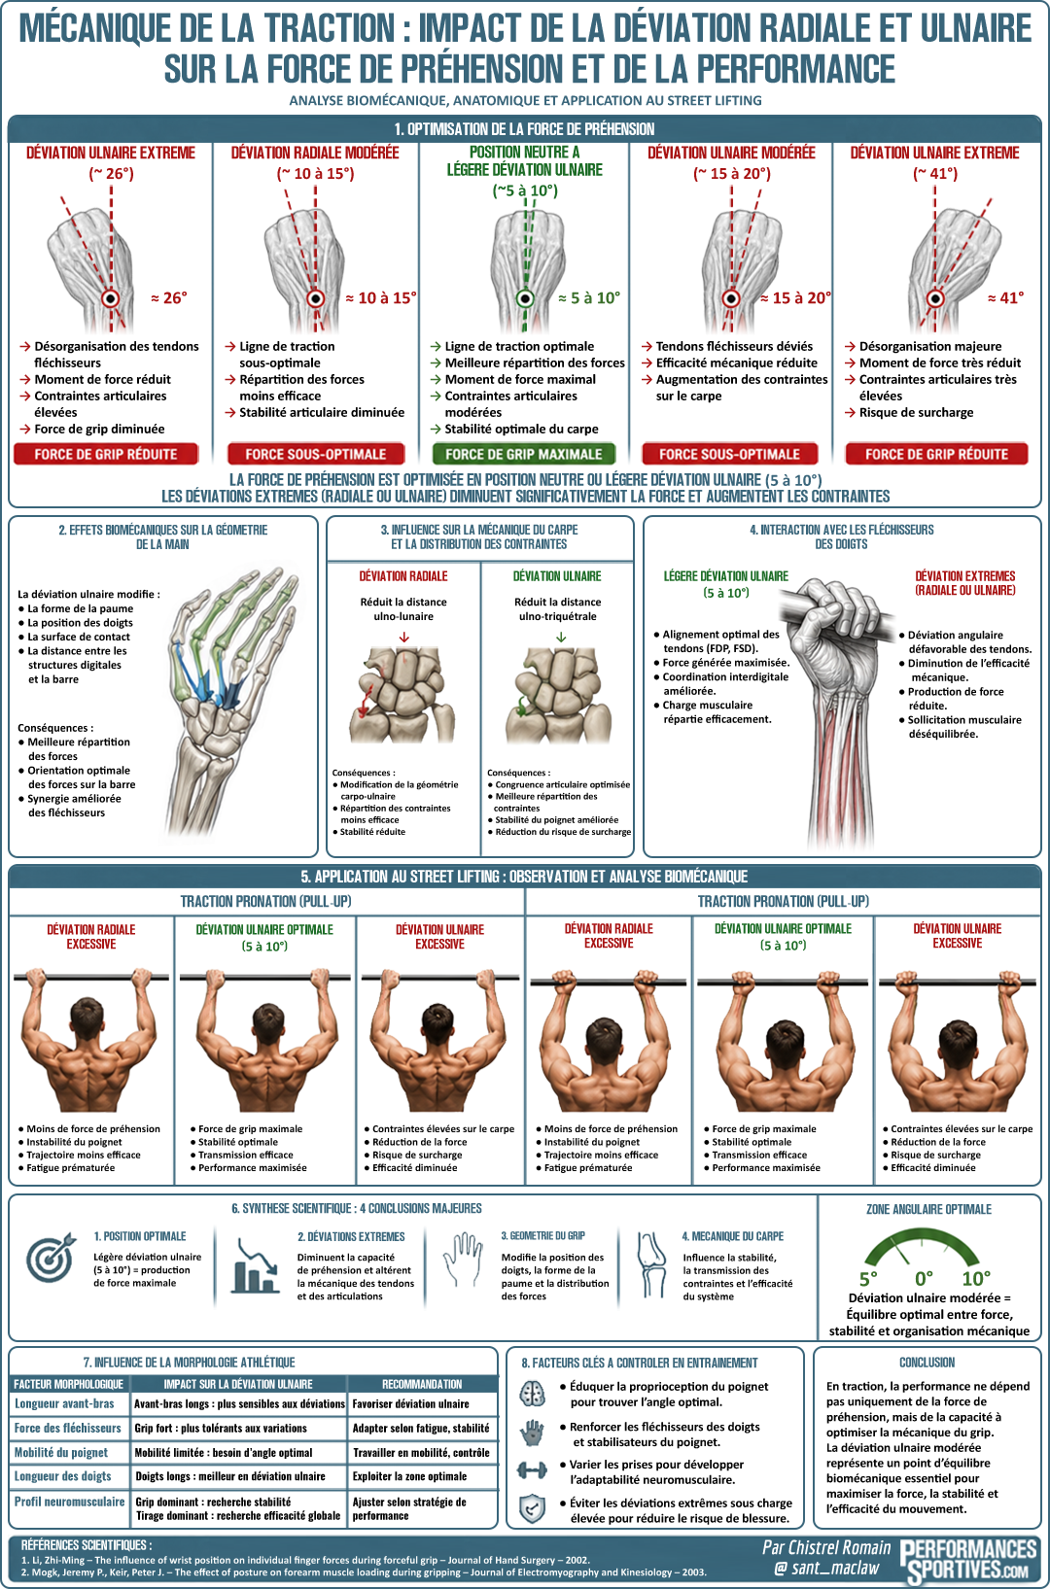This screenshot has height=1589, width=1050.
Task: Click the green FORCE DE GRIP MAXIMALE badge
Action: (x=524, y=454)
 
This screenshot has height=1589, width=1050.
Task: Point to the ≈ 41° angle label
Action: (x=1005, y=298)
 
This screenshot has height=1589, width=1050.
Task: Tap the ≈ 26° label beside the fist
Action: (x=169, y=298)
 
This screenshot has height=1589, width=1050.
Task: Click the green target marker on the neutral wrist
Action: (x=525, y=298)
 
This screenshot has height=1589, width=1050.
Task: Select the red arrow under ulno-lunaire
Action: (x=403, y=637)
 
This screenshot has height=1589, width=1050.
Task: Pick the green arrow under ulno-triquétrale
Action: (x=560, y=637)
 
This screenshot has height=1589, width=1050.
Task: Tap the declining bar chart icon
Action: (x=256, y=1267)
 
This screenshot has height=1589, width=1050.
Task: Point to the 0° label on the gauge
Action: (x=923, y=1278)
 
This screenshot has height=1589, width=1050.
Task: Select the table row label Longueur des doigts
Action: (x=63, y=1476)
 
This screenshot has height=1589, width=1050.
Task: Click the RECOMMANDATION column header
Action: (x=422, y=1384)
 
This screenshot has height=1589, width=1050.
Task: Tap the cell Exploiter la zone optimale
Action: (x=409, y=1476)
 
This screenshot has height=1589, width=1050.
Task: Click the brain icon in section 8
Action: (x=532, y=1394)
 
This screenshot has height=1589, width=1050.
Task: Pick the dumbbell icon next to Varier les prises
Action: (x=532, y=1469)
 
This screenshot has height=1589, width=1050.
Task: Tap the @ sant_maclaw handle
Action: (x=826, y=1568)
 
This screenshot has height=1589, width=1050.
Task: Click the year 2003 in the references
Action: (x=693, y=1572)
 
